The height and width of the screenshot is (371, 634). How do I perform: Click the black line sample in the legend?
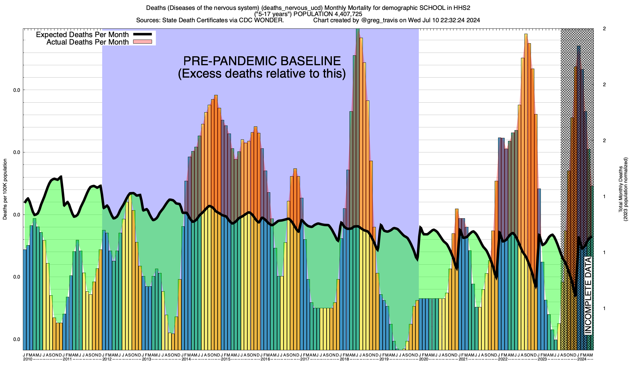[x=142, y=34]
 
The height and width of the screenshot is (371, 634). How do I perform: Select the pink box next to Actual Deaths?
[x=142, y=42]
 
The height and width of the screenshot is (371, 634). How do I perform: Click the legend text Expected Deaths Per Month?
[x=82, y=34]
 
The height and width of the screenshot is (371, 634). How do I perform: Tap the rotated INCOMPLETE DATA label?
[x=588, y=295]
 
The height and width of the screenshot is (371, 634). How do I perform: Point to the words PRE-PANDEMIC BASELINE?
[x=262, y=61]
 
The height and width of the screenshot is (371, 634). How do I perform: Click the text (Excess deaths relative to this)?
[x=262, y=74]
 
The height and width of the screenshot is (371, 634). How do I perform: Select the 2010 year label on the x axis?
[x=28, y=359]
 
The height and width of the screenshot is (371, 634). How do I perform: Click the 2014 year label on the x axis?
[x=186, y=359]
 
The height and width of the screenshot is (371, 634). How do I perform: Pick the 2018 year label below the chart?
[x=344, y=359]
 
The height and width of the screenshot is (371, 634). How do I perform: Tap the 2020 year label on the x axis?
[x=423, y=359]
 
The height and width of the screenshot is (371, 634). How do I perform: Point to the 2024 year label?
[x=582, y=359]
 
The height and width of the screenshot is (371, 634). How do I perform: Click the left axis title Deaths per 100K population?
[x=5, y=190]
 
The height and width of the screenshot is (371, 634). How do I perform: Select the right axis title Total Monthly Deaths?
[x=623, y=190]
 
